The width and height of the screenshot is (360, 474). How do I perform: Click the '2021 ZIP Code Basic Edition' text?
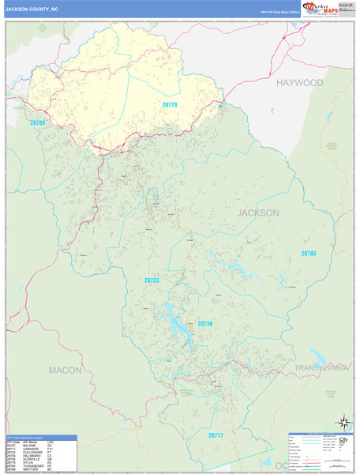pyautogui.click(x=277, y=13)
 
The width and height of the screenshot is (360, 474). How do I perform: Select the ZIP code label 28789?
pyautogui.click(x=39, y=123)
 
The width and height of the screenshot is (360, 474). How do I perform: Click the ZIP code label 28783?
pyautogui.click(x=308, y=254)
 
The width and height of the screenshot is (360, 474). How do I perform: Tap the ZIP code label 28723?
pyautogui.click(x=152, y=280)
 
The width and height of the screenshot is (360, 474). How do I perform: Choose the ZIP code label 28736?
pyautogui.click(x=205, y=324)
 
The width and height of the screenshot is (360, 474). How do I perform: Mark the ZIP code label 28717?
pyautogui.click(x=216, y=435)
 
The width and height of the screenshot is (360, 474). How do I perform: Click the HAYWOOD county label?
pyautogui.click(x=299, y=82)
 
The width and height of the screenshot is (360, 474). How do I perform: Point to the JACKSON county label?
pyautogui.click(x=257, y=213)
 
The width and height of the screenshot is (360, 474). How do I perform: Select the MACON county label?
pyautogui.click(x=65, y=370)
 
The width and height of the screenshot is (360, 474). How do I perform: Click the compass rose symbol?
pyautogui.click(x=343, y=423)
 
